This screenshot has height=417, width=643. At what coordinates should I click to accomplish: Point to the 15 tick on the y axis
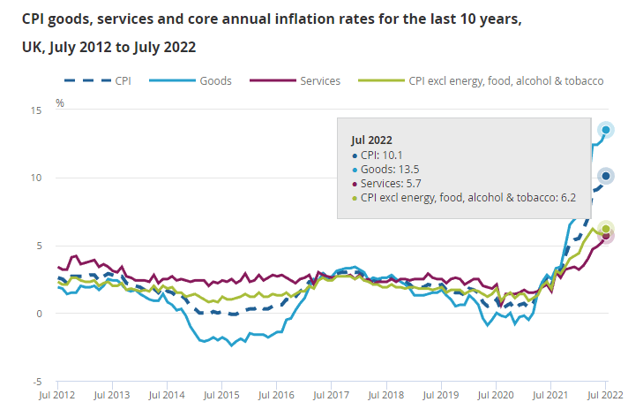(37, 110)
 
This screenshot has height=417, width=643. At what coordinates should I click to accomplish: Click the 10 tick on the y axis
(37, 178)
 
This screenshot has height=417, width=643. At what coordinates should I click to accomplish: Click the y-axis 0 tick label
(40, 314)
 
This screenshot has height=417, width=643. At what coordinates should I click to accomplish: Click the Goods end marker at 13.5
(606, 130)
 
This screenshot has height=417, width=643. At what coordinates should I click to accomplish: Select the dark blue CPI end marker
(606, 176)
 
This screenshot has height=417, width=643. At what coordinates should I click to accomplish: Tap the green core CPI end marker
(606, 228)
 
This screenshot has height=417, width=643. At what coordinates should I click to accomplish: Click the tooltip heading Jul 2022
(371, 140)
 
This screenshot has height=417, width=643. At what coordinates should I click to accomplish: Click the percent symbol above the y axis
(60, 103)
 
